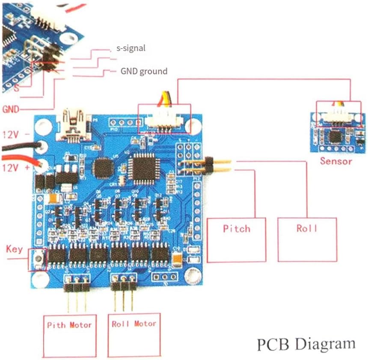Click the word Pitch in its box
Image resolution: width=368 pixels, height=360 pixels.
pos(236,228)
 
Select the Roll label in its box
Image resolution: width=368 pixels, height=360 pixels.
pos(307,228)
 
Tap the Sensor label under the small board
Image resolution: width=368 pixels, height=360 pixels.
pos(336,161)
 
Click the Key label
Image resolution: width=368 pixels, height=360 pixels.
pos(14,249)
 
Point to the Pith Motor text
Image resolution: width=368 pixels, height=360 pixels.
pos(69,325)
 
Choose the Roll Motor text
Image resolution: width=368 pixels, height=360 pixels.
pos(134,324)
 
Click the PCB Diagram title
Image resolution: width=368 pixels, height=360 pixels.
pos(306,344)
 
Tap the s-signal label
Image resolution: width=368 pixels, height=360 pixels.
pos(131,48)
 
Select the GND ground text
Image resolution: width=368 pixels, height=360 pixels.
pos(144,71)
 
